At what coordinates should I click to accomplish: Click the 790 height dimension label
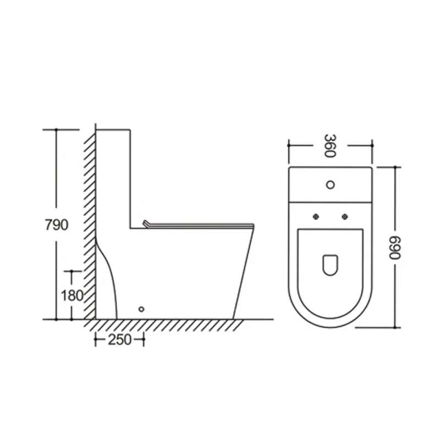pyautogui.click(x=57, y=224)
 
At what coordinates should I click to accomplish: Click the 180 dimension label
pyautogui.click(x=72, y=295)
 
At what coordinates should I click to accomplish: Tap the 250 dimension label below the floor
pyautogui.click(x=119, y=340)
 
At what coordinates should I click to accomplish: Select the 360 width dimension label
pyautogui.click(x=329, y=145)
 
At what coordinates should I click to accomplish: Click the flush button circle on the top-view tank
pyautogui.click(x=331, y=184)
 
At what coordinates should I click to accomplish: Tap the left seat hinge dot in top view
pyautogui.click(x=316, y=216)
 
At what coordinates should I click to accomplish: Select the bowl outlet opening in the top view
pyautogui.click(x=330, y=264)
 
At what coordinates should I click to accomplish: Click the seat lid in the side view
pyautogui.click(x=198, y=224)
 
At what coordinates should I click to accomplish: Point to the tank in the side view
pyautogui.click(x=113, y=176)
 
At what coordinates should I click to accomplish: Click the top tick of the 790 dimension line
pyautogui.click(x=56, y=130)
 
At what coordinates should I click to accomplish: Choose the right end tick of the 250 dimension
pyautogui.click(x=144, y=340)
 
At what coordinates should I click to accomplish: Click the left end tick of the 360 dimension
pyautogui.click(x=288, y=146)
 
